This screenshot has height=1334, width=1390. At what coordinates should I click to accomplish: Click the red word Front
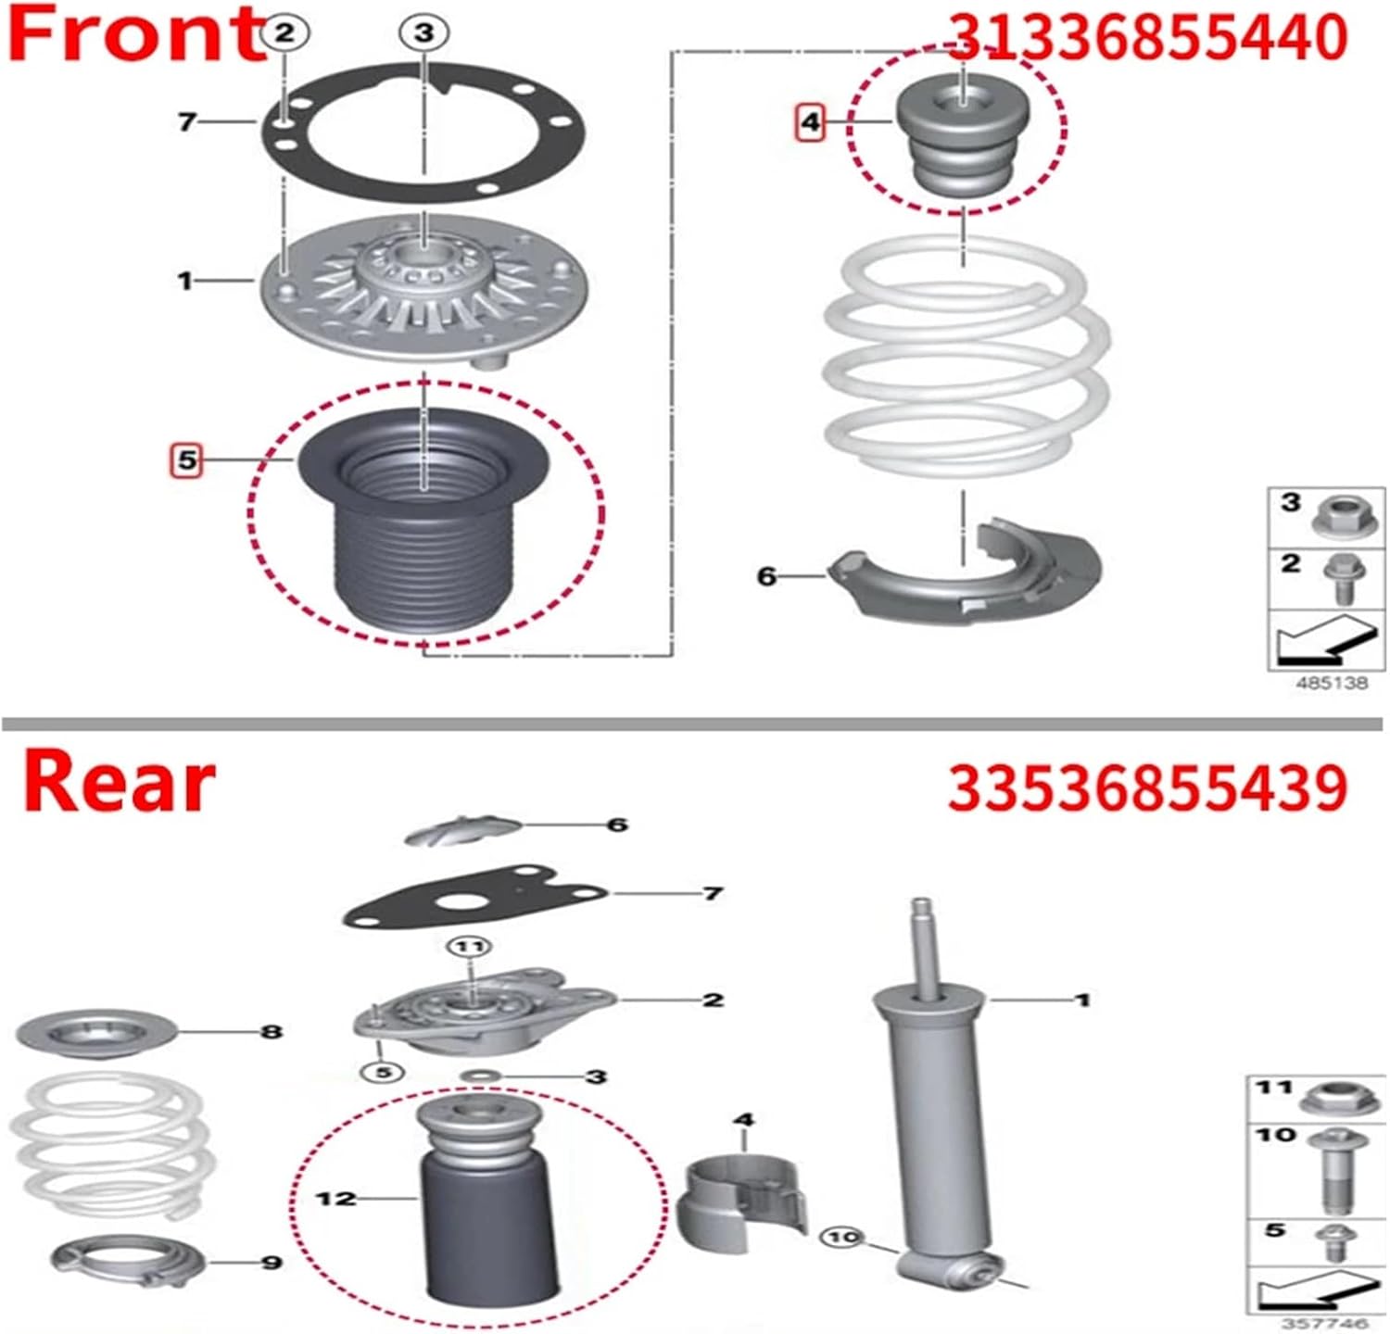pyautogui.click(x=134, y=35)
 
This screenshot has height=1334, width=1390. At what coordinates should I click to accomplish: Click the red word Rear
pyautogui.click(x=119, y=783)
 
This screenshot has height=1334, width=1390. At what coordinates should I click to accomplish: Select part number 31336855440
pyautogui.click(x=1146, y=39)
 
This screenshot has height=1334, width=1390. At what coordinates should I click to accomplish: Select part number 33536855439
pyautogui.click(x=1146, y=788)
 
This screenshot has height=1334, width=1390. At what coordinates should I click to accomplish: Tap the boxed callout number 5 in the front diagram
pyautogui.click(x=187, y=459)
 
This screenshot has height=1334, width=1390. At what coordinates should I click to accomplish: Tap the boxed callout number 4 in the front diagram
pyautogui.click(x=811, y=121)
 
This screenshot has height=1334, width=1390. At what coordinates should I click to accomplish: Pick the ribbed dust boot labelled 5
pyautogui.click(x=423, y=528)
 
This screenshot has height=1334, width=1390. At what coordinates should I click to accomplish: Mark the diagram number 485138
pyautogui.click(x=1331, y=683)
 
